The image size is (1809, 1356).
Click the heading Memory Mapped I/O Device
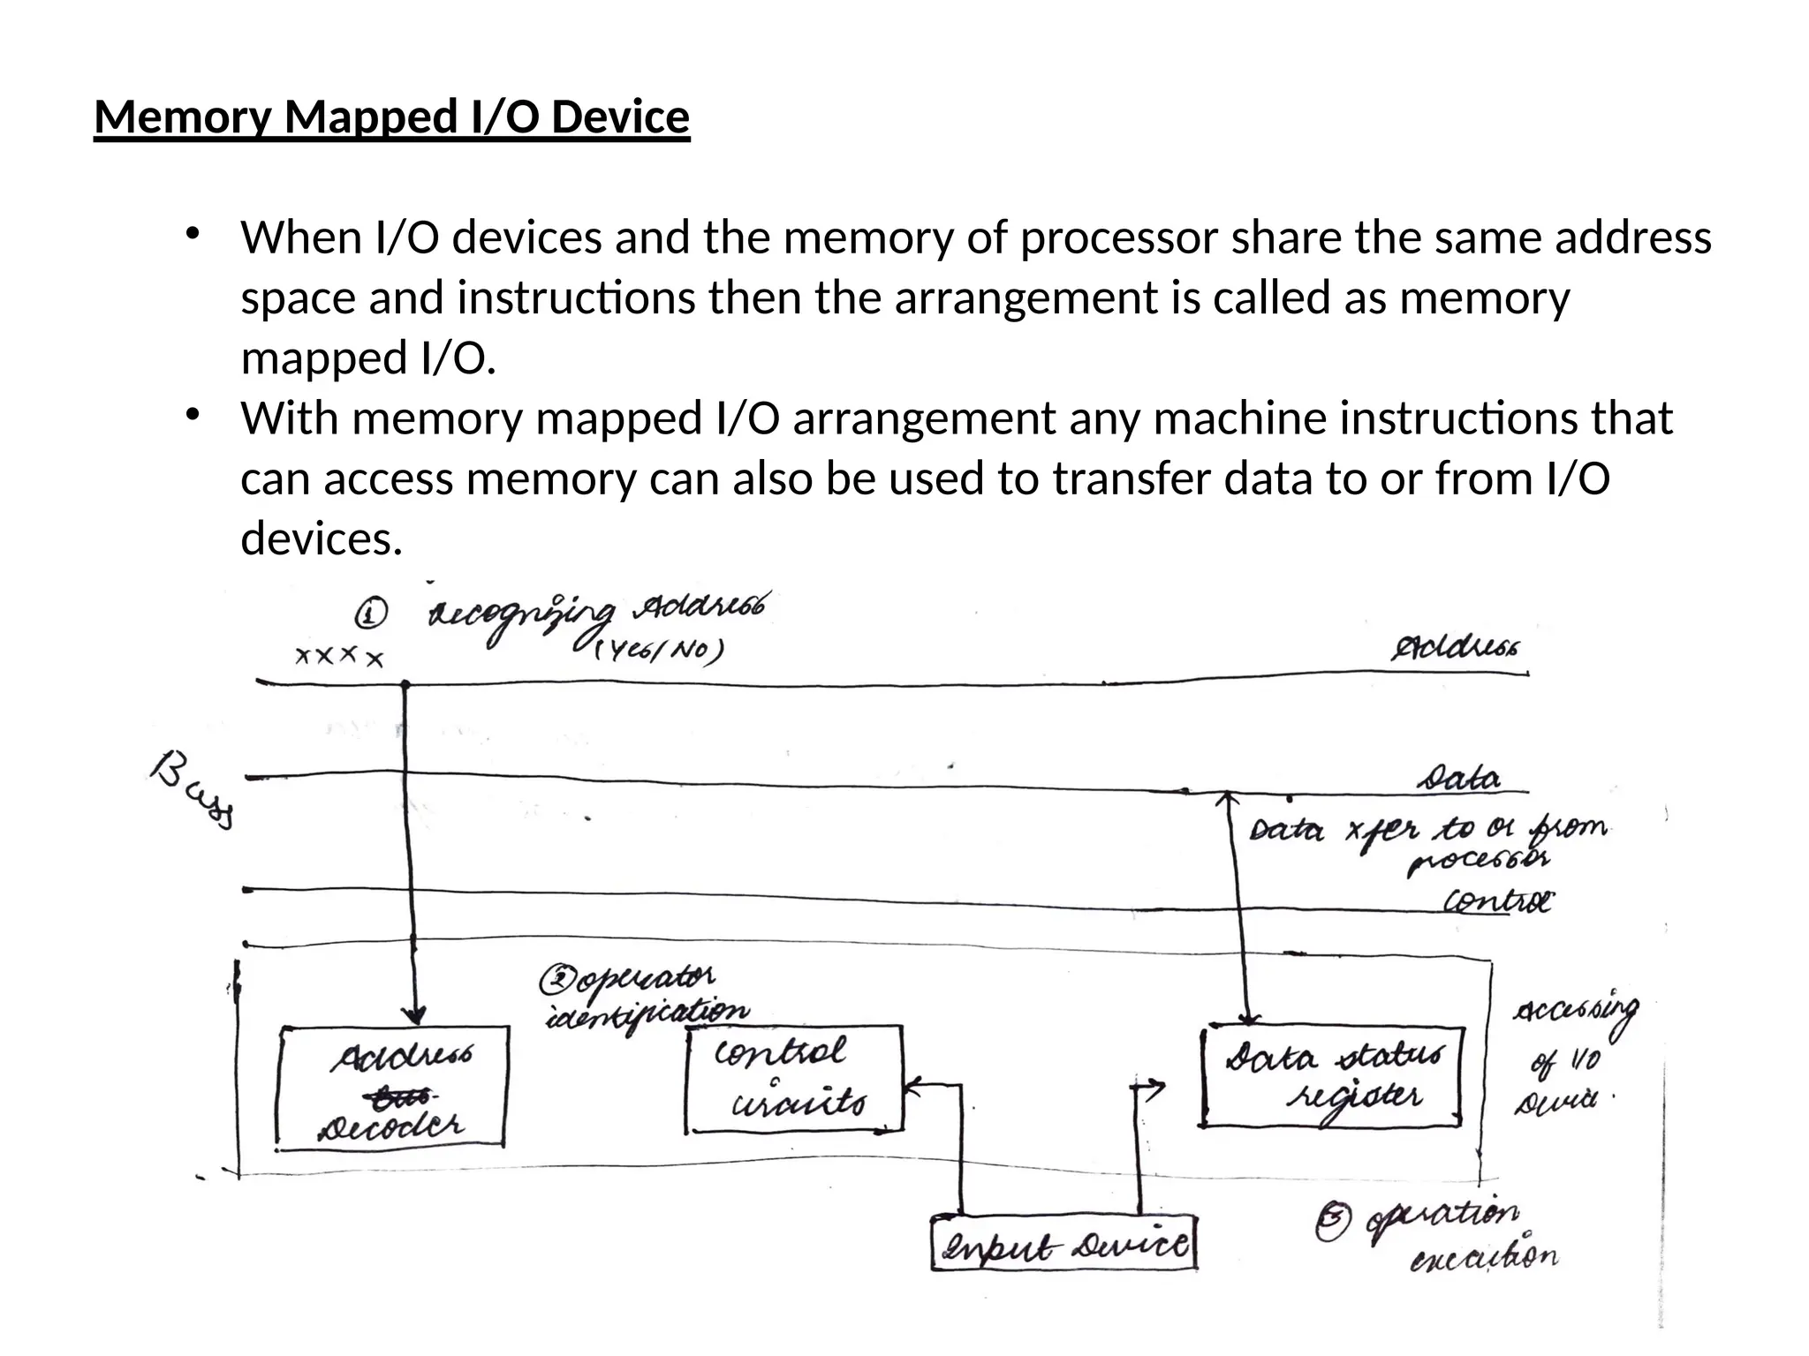pos(391,117)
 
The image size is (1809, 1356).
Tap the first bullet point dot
pos(193,234)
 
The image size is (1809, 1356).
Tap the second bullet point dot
pos(193,414)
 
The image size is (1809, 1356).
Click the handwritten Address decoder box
pos(392,1088)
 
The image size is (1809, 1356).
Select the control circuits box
pos(793,1079)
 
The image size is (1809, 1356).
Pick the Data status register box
pos(1332,1077)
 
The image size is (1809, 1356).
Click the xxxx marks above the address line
pos(339,657)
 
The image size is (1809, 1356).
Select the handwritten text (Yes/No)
pos(658,652)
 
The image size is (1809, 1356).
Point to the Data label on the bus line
pos(1458,779)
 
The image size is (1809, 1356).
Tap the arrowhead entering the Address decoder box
pos(414,1015)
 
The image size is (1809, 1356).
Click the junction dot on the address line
pos(405,684)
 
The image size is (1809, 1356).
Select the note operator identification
pos(645,997)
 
